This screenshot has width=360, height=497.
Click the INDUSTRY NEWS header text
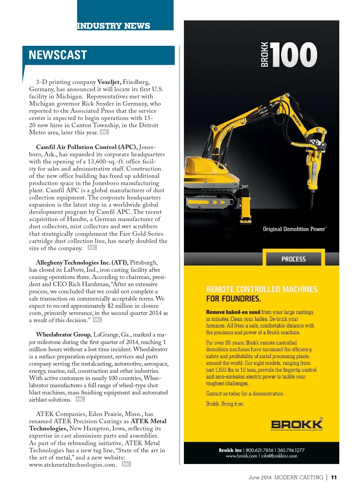tap(113, 26)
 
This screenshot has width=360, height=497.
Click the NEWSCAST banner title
tap(58, 55)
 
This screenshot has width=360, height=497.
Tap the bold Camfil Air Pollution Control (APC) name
tap(87, 147)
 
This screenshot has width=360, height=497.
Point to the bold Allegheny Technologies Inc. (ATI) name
tap(82, 263)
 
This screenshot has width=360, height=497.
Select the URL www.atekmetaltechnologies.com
tap(73, 465)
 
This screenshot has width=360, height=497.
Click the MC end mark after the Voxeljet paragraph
tap(104, 132)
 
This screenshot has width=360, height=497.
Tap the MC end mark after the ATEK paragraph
tap(126, 464)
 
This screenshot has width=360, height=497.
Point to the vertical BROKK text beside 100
tap(265, 54)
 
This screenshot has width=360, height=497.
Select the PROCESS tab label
tap(293, 259)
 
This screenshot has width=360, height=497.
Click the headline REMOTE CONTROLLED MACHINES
tap(262, 289)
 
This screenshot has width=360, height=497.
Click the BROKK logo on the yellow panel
tap(297, 424)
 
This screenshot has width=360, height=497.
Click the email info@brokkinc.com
tap(279, 456)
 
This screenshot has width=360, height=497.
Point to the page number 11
tap(334, 478)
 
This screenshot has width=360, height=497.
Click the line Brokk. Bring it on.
tap(225, 404)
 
